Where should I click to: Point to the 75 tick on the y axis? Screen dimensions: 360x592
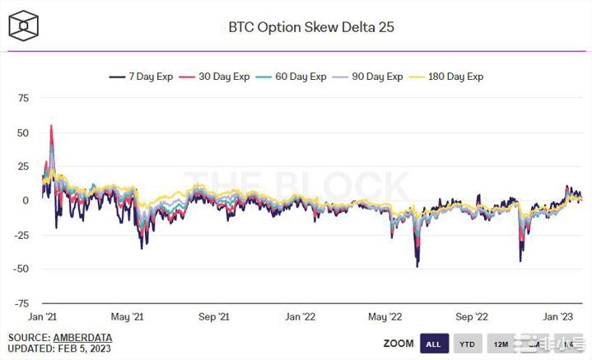(x=22, y=98)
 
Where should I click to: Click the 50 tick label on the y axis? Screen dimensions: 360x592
(x=22, y=133)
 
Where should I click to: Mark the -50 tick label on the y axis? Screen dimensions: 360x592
(x=20, y=269)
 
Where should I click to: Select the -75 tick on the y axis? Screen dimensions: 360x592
(x=20, y=303)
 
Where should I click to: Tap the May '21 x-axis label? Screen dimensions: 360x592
(x=127, y=317)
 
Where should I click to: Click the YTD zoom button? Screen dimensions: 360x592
(x=465, y=343)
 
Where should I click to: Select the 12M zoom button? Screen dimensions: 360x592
(x=499, y=343)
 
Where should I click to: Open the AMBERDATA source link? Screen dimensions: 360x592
(x=82, y=338)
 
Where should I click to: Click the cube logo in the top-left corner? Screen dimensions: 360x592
(x=24, y=26)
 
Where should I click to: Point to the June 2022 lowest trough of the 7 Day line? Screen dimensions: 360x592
(x=417, y=266)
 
